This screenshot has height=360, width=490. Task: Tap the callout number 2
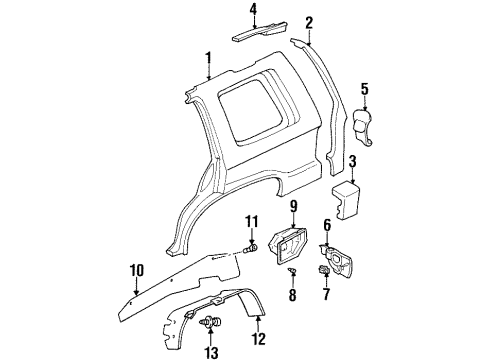pos(310,23)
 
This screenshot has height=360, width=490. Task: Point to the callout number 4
pos(252,11)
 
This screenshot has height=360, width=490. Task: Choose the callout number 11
pos(252,220)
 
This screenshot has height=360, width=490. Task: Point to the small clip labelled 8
pos(292,271)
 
